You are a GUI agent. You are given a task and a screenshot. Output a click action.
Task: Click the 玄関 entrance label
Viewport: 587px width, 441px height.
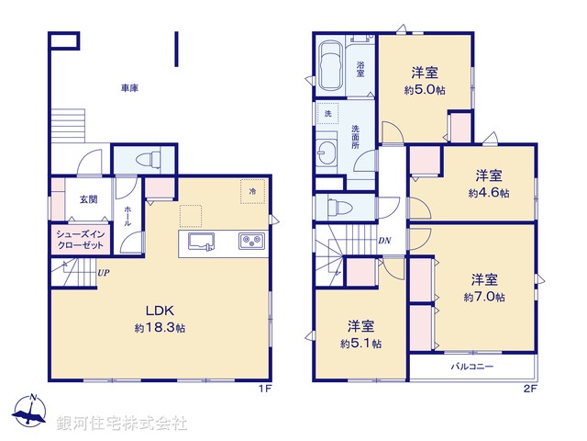click(88, 199)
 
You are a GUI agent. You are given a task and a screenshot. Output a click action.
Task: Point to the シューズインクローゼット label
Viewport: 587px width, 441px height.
click(82, 241)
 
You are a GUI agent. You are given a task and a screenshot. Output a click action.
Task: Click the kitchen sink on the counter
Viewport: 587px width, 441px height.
click(202, 242)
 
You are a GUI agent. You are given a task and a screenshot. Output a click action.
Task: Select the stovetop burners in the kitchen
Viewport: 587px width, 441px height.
click(251, 242)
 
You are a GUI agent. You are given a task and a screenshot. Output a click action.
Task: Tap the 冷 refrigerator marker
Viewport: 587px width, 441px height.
click(252, 191)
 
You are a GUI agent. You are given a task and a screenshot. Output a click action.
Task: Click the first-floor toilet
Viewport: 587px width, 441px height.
click(146, 160)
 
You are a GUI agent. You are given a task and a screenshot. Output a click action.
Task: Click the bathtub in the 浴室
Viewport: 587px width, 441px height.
click(329, 64)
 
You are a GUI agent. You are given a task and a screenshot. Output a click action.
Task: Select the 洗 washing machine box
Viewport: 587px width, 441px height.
click(327, 113)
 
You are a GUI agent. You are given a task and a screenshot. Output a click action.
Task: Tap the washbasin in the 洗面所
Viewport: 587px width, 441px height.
click(327, 152)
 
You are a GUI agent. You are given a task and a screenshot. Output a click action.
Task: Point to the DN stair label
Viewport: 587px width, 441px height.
click(384, 241)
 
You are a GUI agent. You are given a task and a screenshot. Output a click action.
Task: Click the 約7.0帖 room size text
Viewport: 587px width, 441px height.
click(483, 297)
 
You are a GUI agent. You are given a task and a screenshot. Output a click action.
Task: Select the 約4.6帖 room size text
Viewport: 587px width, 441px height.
click(487, 193)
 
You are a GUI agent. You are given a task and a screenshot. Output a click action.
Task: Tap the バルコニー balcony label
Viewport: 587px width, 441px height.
click(471, 367)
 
